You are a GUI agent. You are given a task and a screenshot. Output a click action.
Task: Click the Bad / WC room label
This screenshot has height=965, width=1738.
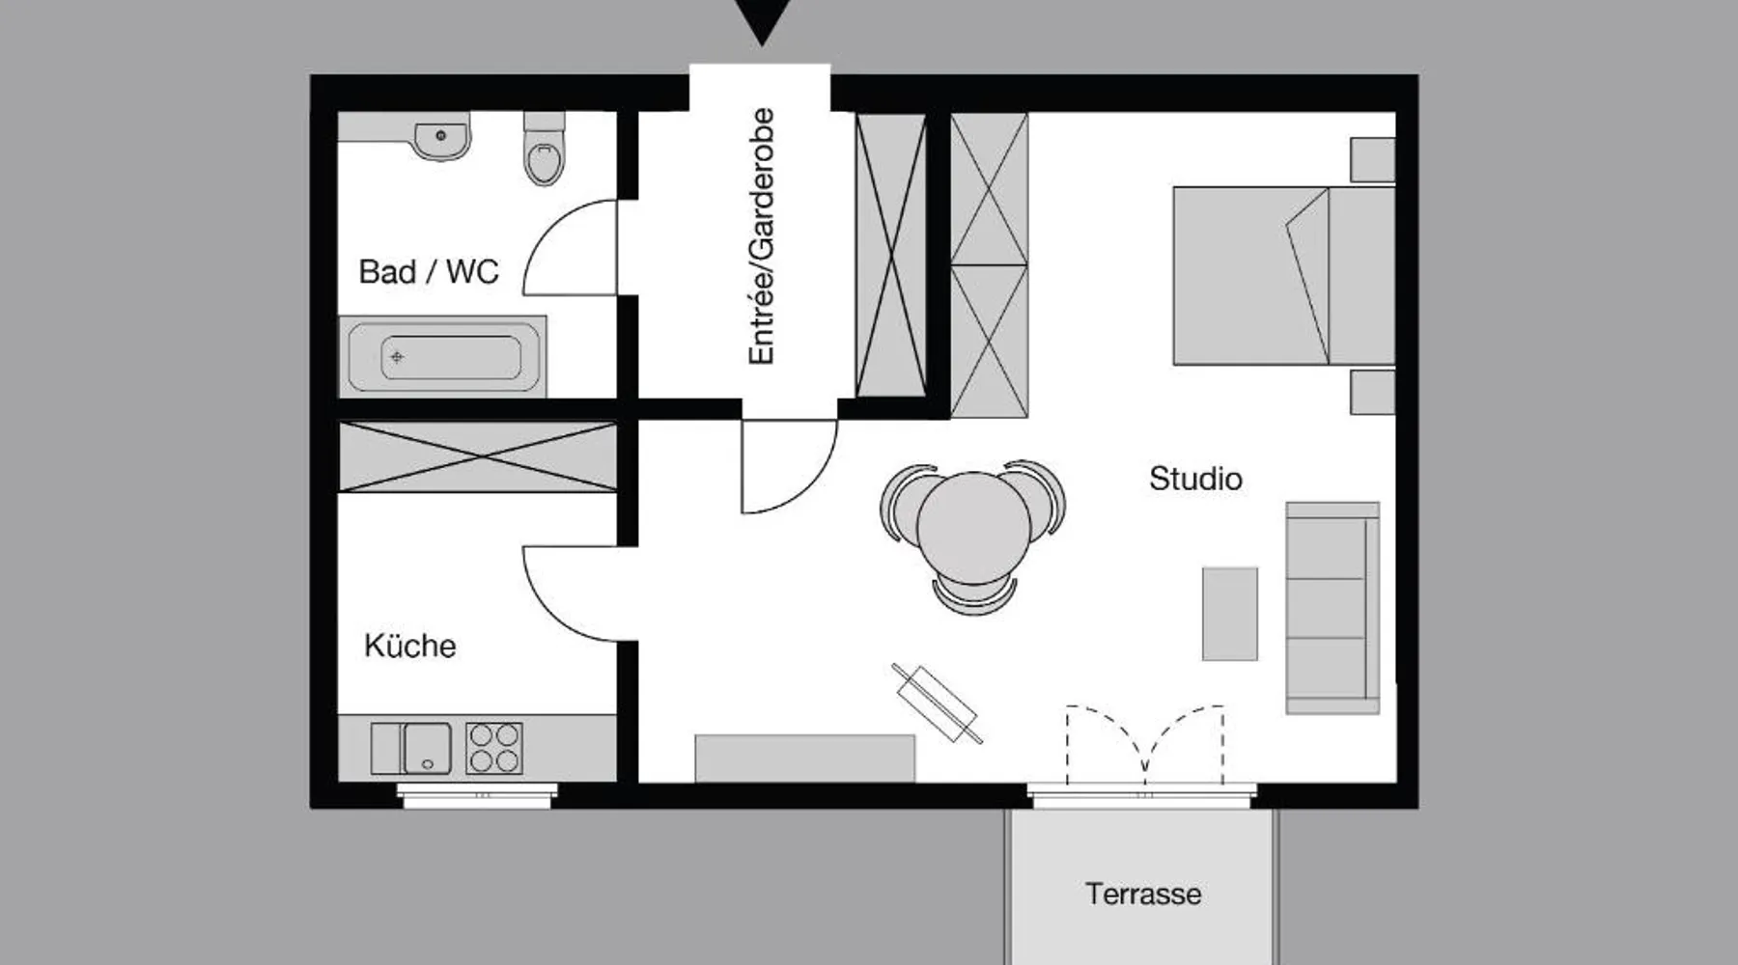coord(429,272)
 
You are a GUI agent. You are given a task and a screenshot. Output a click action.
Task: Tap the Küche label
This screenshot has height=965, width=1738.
coord(409,645)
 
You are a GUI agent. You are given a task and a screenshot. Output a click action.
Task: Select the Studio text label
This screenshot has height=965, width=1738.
coord(1195,479)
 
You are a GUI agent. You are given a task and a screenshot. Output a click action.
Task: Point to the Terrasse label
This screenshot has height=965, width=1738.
coord(1143,894)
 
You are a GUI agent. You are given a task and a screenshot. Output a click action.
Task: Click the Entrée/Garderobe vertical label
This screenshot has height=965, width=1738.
coord(762,236)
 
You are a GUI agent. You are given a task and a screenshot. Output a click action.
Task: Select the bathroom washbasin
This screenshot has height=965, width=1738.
coord(441,138)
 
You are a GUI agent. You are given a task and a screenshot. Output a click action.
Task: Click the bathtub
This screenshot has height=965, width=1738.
coord(443,356)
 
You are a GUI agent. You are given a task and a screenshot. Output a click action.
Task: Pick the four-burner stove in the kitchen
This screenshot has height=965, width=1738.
coord(494,748)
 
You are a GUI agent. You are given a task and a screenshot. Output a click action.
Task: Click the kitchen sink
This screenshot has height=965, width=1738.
coord(411,748)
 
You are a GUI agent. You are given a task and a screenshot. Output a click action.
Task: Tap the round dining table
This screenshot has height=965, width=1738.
coord(973,526)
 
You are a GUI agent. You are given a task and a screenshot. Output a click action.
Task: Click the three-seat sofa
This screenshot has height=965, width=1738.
coord(1332,608)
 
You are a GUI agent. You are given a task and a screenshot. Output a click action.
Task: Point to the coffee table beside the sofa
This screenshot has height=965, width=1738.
coord(1230,614)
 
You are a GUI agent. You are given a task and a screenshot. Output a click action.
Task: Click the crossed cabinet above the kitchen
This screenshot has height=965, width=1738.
coord(478,456)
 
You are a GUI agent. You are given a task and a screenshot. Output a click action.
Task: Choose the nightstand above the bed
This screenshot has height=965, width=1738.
coord(1372,159)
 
